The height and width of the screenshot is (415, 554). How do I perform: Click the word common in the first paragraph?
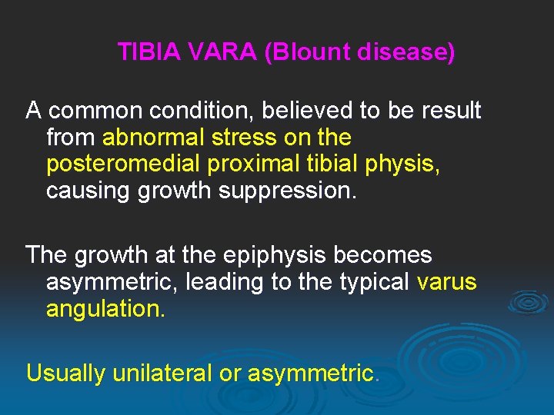point(98,111)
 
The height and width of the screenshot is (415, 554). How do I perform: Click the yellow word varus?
point(446,282)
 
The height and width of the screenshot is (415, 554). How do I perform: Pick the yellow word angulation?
point(105,310)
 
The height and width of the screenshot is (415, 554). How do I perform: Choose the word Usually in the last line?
point(66,373)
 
